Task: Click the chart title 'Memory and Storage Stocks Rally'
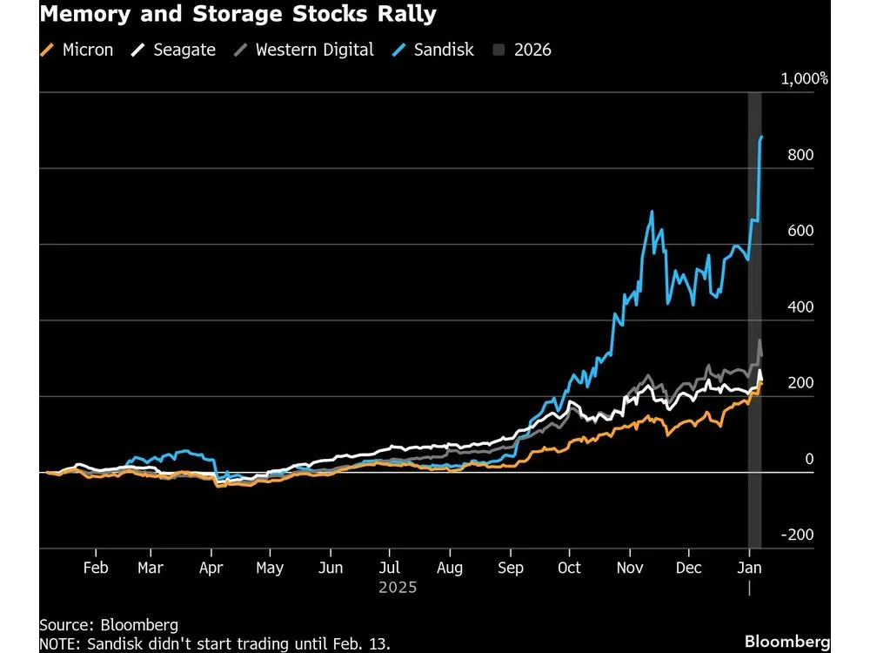point(238,15)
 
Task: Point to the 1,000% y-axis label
point(804,79)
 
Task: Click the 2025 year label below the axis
point(398,588)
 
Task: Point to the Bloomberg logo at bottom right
point(787,643)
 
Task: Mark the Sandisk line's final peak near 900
point(761,137)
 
